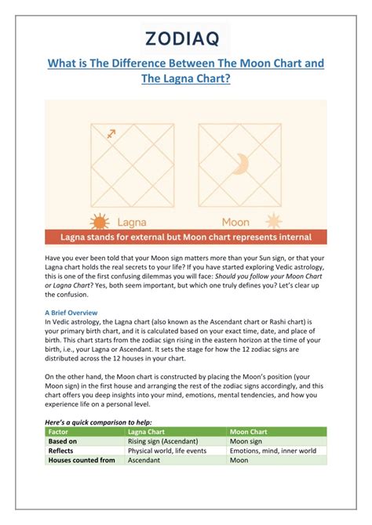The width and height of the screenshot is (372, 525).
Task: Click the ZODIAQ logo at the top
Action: (x=185, y=36)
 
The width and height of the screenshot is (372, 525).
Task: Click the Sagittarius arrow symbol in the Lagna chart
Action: (x=111, y=134)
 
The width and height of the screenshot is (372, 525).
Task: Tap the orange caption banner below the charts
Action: (x=185, y=237)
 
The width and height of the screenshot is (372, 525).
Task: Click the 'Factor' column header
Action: (x=59, y=431)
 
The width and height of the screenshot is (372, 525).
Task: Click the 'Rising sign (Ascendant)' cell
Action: (x=165, y=440)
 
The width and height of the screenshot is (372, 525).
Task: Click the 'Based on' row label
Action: (x=64, y=440)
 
